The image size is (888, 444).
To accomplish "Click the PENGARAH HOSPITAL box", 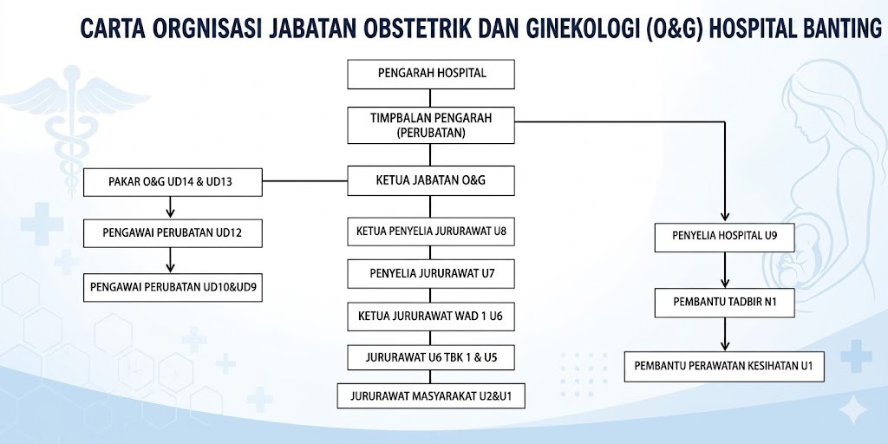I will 432,75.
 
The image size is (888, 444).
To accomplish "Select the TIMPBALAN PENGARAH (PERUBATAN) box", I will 432,125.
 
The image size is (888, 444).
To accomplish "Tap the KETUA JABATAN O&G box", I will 432,180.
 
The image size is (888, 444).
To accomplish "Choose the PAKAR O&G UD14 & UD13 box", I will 172,182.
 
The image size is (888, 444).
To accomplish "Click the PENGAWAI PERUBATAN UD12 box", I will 172,232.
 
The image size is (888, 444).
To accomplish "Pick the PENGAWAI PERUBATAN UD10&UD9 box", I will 172,286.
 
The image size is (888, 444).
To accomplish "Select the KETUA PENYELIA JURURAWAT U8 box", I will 432,232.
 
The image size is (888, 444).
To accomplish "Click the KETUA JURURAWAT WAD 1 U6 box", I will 432,317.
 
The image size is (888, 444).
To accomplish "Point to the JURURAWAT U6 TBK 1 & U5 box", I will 432,358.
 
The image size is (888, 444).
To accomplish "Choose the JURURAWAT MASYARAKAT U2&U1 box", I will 432,396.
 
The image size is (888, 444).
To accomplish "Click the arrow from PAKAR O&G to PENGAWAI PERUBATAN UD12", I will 171,207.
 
